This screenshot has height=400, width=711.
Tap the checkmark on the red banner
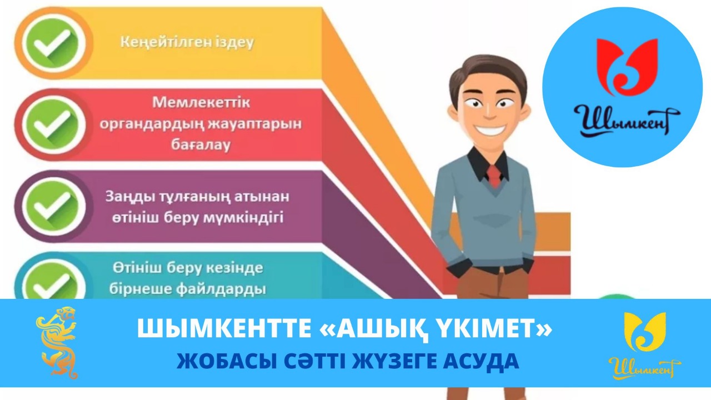click(52, 125)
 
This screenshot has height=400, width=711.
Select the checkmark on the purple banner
click(52, 206)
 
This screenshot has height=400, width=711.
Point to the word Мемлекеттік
click(201, 103)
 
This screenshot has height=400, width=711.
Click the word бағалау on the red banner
click(201, 145)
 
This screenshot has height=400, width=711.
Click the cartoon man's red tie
click(494, 176)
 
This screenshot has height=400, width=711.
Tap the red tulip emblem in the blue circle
click(627, 67)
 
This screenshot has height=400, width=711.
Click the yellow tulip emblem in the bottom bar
click(645, 332)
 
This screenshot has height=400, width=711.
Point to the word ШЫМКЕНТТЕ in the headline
click(224, 328)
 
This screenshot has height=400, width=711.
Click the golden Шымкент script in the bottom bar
click(645, 368)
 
